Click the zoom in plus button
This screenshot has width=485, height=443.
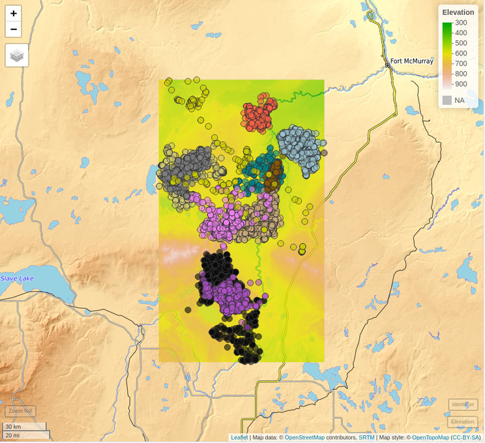[x=14, y=14]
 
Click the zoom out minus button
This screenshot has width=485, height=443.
[x=14, y=29]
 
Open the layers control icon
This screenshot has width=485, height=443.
[x=17, y=55]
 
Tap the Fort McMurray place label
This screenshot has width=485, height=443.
[x=412, y=61]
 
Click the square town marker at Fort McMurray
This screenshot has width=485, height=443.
[x=387, y=64]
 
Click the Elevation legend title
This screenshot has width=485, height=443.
[x=458, y=12]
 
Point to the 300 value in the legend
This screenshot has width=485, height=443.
[x=461, y=23]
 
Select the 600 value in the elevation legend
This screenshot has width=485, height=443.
[x=461, y=53]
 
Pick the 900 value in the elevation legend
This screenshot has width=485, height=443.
[x=461, y=84]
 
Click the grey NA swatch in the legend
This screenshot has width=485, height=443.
[x=447, y=100]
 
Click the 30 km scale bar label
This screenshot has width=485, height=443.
[x=13, y=427]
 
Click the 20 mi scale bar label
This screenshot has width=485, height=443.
[x=12, y=435]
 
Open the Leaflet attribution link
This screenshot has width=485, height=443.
[x=239, y=438]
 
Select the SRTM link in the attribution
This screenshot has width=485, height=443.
[x=366, y=438]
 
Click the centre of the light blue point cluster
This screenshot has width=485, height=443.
[x=299, y=148]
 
